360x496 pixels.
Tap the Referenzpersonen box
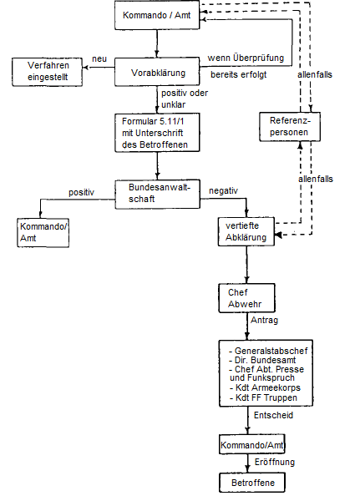click(285, 126)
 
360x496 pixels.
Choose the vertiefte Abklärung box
click(246, 230)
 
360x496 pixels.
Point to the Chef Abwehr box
click(246, 298)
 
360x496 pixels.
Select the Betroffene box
click(246, 482)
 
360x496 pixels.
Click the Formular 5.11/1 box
click(157, 133)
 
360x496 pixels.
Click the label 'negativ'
click(223, 190)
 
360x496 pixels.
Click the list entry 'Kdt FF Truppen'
click(261, 397)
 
